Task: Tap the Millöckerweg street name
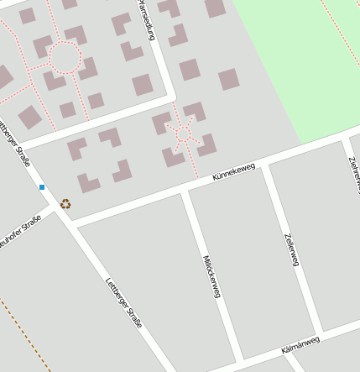pyautogui.click(x=211, y=275)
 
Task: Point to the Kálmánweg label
pyautogui.click(x=300, y=344)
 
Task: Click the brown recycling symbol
pyautogui.click(x=65, y=203)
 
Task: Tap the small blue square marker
pyautogui.click(x=41, y=186)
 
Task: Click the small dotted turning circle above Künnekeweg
pyautogui.click(x=183, y=134)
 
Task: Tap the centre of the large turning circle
pyautogui.click(x=65, y=58)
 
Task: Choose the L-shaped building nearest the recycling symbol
pyautogui.click(x=88, y=182)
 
